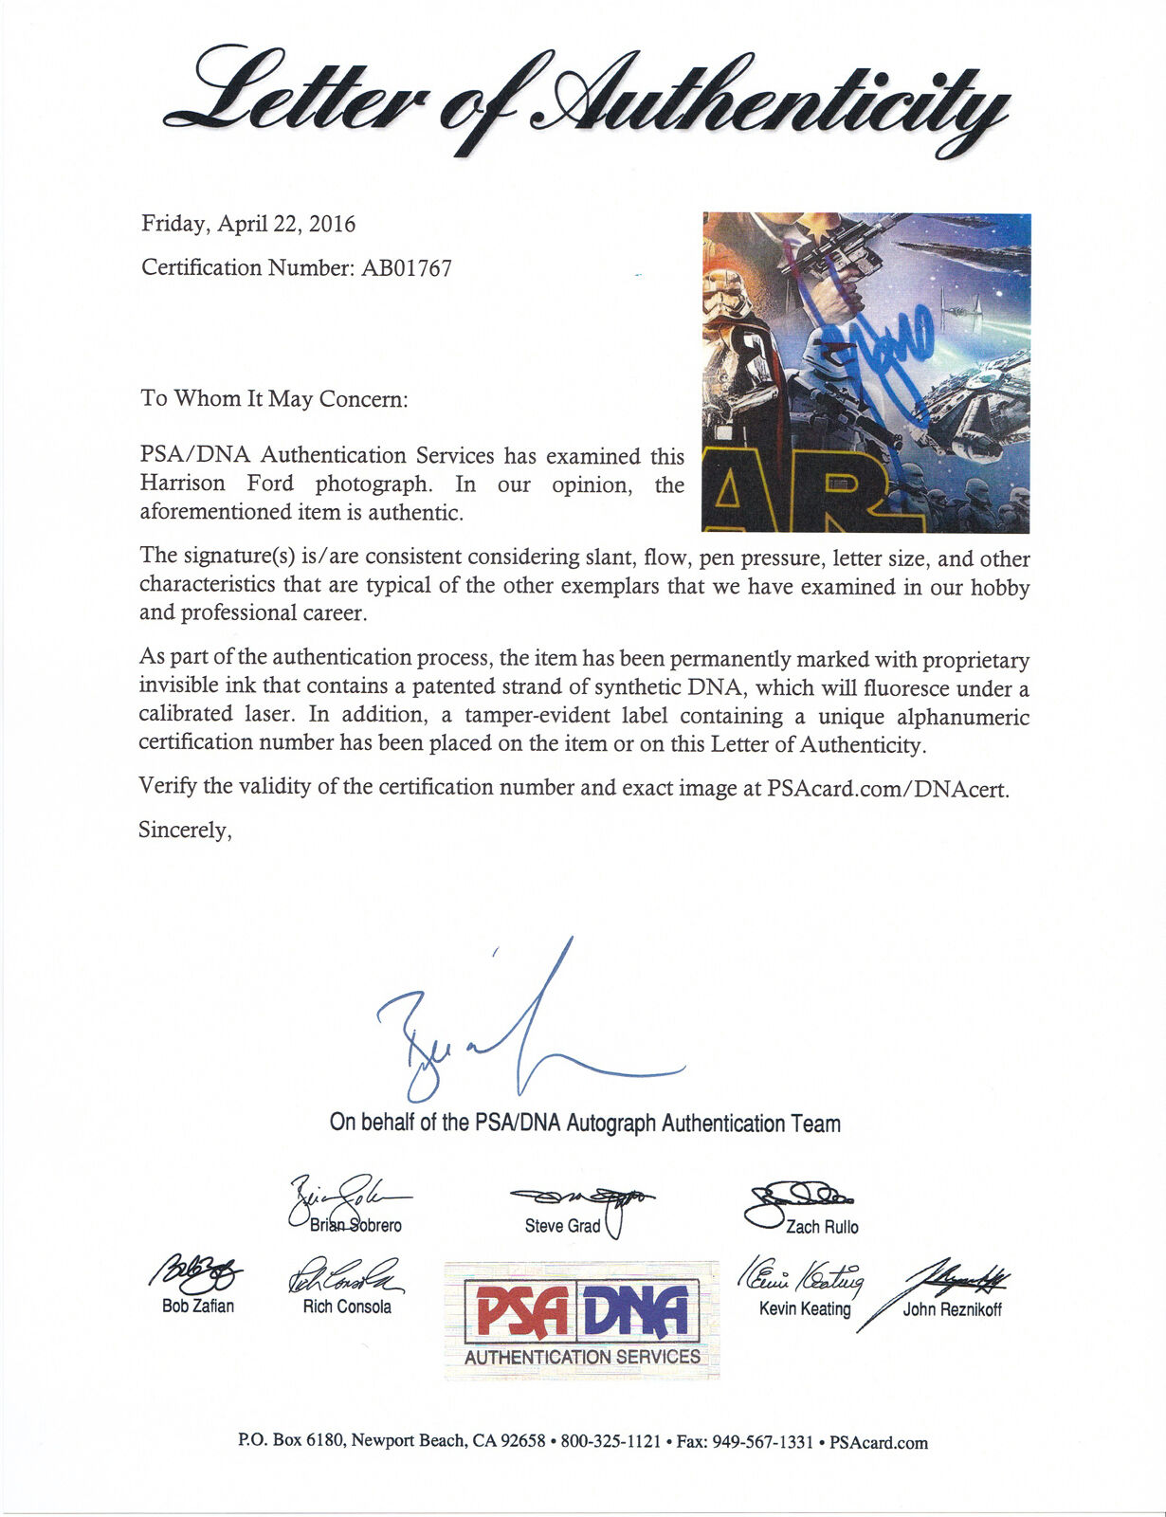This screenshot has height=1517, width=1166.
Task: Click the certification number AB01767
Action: point(407,268)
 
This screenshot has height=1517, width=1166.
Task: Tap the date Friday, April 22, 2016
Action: point(248,225)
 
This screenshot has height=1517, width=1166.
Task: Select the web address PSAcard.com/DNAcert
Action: point(887,789)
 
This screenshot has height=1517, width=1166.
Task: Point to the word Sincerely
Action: point(184,831)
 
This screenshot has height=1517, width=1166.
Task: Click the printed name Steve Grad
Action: point(563,1226)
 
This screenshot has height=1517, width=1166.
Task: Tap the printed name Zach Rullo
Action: point(822,1227)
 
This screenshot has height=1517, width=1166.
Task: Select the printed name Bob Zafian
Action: point(198,1307)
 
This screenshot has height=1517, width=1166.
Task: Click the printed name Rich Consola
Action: point(347,1307)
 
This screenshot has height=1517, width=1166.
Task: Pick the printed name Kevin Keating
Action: point(805,1309)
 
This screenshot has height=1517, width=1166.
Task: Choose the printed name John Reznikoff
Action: point(952,1310)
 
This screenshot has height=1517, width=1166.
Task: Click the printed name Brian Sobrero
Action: point(355,1226)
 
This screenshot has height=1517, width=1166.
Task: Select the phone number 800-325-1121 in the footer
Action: point(610,1442)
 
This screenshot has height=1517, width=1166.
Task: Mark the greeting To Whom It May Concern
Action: point(274,398)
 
